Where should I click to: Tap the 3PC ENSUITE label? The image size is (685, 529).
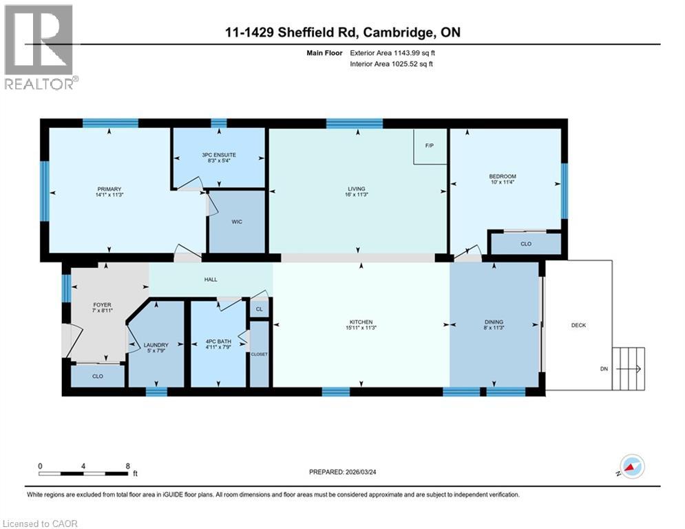coord(218,158)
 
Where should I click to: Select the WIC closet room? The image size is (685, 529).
coord(236,222)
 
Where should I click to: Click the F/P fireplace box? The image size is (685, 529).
coord(430,146)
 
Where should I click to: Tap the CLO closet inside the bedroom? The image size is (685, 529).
coord(525,243)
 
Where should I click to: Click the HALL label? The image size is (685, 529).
coord(211,280)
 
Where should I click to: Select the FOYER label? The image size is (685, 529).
coord(102,308)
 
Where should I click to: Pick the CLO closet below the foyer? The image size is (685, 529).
coord(97,376)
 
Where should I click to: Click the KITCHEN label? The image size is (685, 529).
coord(361,325)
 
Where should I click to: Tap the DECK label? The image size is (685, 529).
coord(578,325)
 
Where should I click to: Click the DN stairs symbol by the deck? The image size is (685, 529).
coord(630,369)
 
